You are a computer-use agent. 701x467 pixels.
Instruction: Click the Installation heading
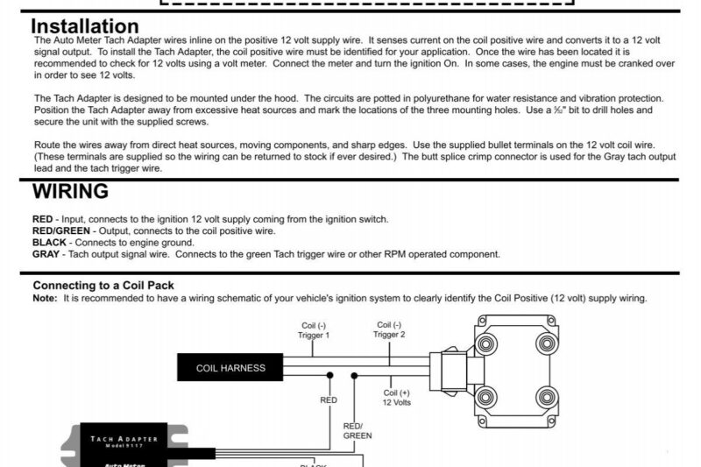tap(85, 26)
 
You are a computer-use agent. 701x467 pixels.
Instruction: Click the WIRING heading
tap(70, 191)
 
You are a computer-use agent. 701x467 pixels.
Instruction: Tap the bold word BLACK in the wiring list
tap(50, 243)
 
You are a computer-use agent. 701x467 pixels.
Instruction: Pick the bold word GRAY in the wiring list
tap(46, 254)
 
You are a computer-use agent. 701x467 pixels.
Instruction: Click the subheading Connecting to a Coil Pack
tap(103, 286)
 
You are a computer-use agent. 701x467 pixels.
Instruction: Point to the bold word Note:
tap(45, 298)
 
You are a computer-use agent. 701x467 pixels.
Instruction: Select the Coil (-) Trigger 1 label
tap(315, 330)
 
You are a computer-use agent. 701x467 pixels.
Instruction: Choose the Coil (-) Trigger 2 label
tap(390, 330)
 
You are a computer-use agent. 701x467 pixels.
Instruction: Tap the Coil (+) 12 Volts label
tap(397, 399)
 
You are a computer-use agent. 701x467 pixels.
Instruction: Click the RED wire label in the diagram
tap(329, 400)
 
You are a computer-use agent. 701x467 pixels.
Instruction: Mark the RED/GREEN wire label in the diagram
tap(357, 430)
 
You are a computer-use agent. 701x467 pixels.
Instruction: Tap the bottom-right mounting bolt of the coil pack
tap(548, 398)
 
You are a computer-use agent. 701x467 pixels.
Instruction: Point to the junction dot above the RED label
tap(329, 376)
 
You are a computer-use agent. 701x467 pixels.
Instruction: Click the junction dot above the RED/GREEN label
tap(355, 376)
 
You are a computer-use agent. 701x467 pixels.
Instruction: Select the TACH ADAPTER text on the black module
tap(124, 439)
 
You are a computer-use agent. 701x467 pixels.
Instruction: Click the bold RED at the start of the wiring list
tap(43, 219)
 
